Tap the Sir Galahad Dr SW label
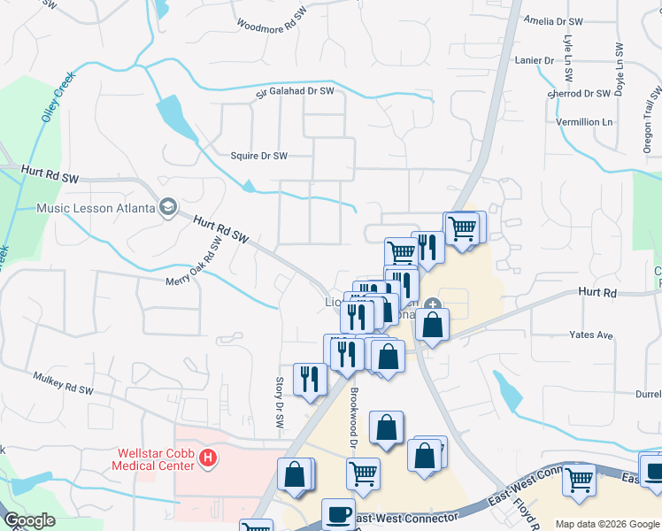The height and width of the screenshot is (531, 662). coord(296,90)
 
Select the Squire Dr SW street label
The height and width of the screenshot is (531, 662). coord(259,156)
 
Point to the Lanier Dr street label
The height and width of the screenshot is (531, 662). coord(535,60)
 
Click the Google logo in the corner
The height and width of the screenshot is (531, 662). coord(29,520)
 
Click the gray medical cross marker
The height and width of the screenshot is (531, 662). coord(433,306)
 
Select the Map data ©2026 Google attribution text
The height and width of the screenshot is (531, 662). coord(606,524)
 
